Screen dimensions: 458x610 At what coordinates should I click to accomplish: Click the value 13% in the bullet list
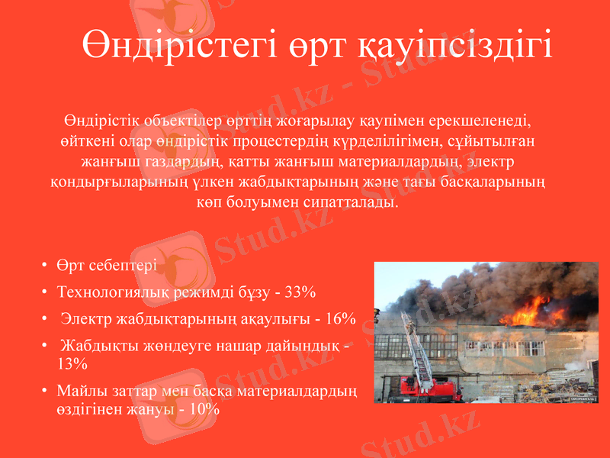point(72,363)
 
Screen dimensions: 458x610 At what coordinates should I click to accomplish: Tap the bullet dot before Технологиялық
point(45,293)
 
